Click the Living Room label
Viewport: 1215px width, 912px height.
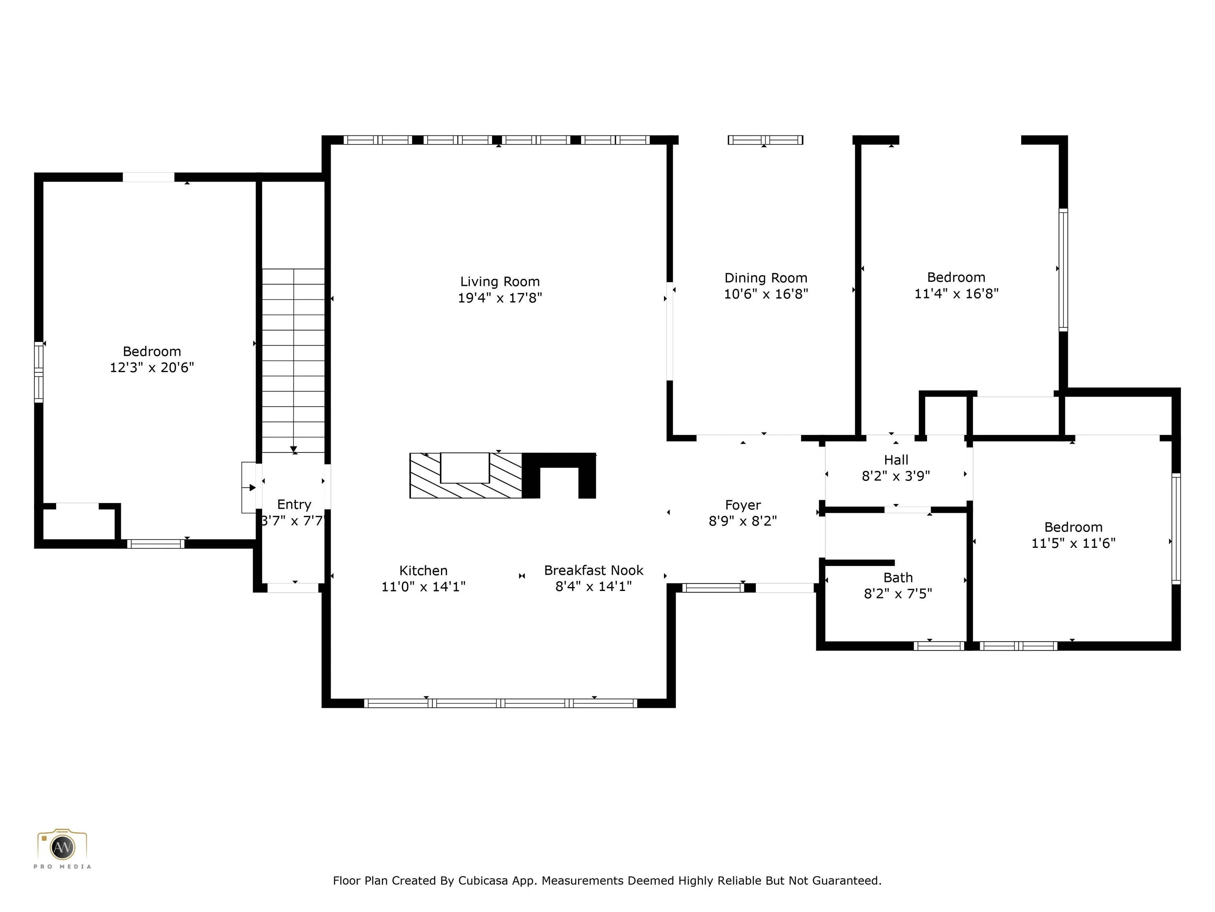(x=500, y=281)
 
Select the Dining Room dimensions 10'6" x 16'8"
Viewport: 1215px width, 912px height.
(x=766, y=294)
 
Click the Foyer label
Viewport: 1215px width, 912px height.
(x=743, y=505)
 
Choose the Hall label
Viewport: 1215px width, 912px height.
(x=896, y=460)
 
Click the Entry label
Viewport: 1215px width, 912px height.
(x=294, y=505)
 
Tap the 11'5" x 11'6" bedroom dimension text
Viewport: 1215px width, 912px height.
(x=1073, y=543)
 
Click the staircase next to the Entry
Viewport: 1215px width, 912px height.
(x=293, y=361)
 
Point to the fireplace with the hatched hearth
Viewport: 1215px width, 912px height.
(x=503, y=475)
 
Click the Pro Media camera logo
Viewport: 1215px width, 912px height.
(x=62, y=847)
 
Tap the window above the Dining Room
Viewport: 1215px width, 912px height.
(x=765, y=140)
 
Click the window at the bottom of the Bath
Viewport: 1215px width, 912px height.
(x=939, y=646)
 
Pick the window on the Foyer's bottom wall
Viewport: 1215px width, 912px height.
(x=713, y=588)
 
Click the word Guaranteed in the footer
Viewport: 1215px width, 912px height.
(x=846, y=881)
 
